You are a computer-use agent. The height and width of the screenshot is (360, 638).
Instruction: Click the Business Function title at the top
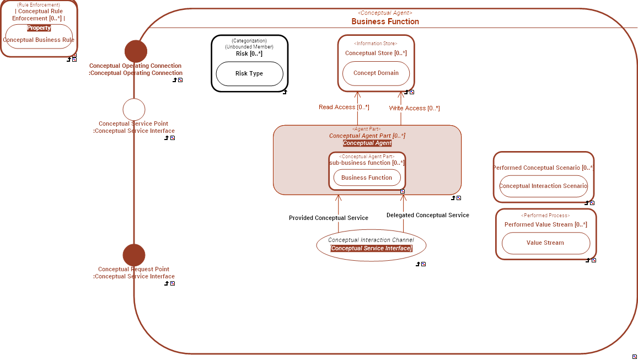(385, 22)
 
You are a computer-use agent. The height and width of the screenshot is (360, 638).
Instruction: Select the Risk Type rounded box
(249, 74)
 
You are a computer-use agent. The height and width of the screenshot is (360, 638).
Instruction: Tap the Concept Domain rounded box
(376, 73)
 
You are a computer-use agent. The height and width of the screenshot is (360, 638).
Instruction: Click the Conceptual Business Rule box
(39, 40)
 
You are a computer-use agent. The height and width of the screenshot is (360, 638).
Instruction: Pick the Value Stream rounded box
(545, 243)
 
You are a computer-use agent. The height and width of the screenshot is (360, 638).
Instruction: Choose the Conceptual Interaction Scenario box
(543, 186)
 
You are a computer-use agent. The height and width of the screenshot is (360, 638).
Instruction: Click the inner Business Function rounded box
(367, 178)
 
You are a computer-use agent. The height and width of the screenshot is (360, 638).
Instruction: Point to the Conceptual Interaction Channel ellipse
(371, 244)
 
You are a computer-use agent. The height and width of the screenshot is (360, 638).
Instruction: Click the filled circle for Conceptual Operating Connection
(136, 51)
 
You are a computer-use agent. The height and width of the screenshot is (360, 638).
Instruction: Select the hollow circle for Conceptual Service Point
(134, 110)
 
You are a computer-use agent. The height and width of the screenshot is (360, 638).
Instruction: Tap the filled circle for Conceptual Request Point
(134, 255)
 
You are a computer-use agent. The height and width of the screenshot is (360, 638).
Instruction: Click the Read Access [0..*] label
(344, 107)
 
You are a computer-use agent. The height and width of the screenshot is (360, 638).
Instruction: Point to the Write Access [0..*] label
(414, 109)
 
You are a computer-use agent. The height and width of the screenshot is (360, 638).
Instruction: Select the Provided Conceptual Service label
(328, 218)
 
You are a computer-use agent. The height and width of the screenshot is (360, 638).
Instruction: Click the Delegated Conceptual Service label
(427, 216)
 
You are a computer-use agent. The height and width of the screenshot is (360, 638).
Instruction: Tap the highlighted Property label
(39, 28)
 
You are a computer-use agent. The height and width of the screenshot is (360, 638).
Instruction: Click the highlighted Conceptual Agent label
(367, 143)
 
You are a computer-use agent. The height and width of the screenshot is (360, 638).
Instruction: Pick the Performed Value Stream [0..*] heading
(545, 225)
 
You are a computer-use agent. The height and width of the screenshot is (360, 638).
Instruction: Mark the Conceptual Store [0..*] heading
(376, 53)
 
